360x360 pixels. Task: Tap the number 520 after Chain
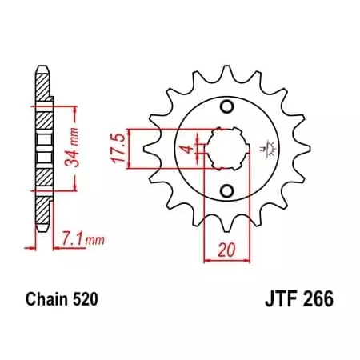point(85,301)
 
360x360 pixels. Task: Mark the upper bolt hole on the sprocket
point(226,108)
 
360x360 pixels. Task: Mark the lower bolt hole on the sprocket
point(226,189)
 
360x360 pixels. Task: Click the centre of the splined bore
point(226,148)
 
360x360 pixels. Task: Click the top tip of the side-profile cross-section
point(39,66)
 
